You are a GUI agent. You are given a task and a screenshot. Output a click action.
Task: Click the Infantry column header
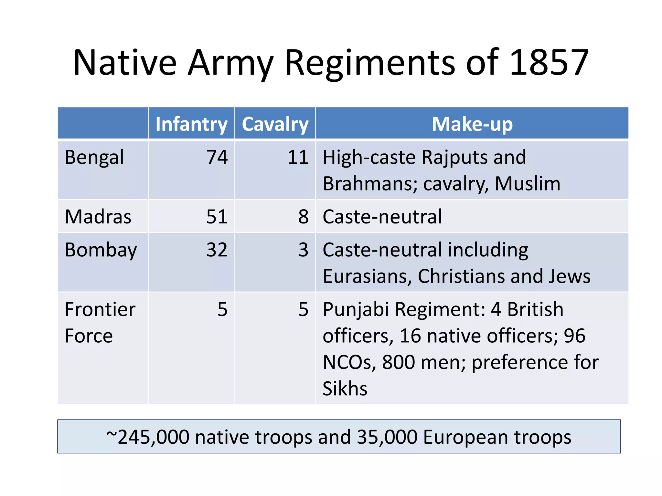(191, 124)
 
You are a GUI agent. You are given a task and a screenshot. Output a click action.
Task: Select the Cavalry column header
(275, 124)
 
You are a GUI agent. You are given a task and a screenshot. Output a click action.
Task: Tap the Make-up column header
(472, 124)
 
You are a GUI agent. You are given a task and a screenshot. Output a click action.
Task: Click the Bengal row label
(94, 158)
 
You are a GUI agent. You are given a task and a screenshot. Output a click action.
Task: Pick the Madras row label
(98, 217)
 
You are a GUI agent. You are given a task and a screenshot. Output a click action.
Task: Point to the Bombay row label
(101, 250)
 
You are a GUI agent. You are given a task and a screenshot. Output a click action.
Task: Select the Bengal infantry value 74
(217, 158)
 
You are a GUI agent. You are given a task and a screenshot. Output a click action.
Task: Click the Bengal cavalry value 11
(298, 158)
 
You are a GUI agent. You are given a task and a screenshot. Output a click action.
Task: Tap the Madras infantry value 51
(217, 217)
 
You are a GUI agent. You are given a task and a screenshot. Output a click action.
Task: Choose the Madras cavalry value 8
(303, 217)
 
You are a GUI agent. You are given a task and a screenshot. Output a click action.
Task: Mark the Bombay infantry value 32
(217, 250)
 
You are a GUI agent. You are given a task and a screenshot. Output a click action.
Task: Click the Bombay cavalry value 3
(303, 250)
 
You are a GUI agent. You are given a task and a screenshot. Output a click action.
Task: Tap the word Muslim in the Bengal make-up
(528, 184)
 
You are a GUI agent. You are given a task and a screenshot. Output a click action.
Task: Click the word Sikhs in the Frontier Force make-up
(345, 388)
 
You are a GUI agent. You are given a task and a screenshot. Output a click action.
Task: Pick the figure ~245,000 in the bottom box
(148, 437)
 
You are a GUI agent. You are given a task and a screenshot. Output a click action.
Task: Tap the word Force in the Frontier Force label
(89, 336)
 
